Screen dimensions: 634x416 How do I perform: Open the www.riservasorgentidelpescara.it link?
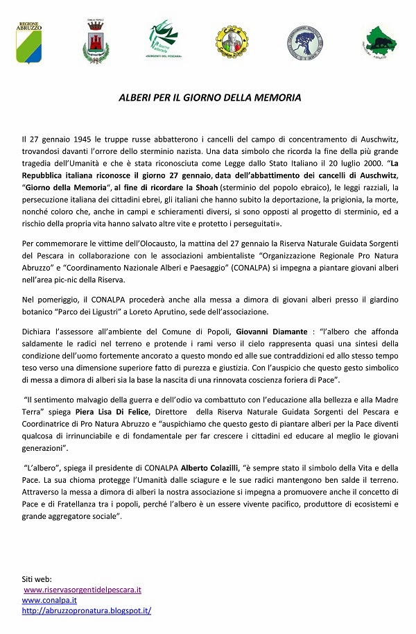coord(83,590)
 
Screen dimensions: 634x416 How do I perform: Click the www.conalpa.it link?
coord(49,600)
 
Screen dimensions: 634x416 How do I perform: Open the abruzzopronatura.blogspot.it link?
coord(87,610)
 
